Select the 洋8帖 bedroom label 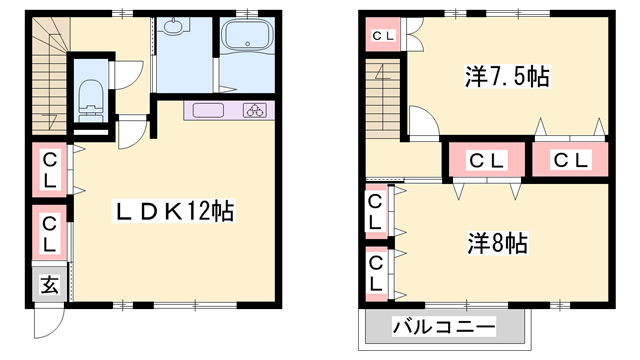496,242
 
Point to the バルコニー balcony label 443,327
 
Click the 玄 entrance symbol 48,285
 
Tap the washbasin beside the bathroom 180,27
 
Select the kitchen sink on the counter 208,110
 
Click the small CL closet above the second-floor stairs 384,37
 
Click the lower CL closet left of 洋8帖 375,272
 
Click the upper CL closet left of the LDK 49,170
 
